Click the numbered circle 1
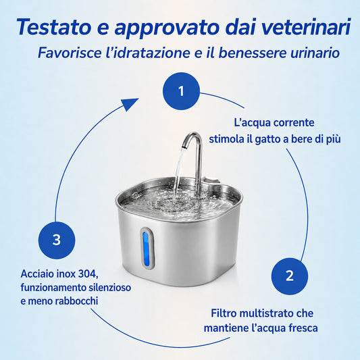[181, 91]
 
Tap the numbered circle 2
[290, 276]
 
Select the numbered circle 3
[57, 240]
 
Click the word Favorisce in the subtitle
[70, 53]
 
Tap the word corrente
[294, 123]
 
